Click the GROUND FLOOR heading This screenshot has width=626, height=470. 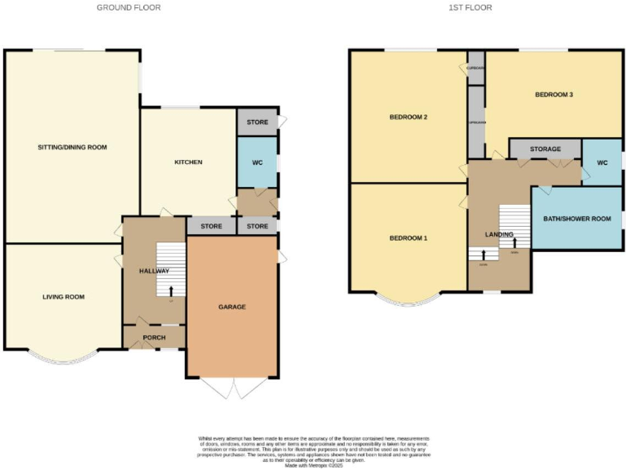click(129, 7)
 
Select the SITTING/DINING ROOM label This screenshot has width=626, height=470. click(73, 148)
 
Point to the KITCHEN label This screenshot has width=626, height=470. click(188, 162)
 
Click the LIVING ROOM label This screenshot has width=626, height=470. click(64, 297)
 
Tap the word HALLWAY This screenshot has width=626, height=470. click(153, 271)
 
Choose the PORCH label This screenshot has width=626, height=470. click(154, 337)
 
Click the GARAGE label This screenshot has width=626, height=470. click(231, 307)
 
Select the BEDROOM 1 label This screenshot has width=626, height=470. click(408, 238)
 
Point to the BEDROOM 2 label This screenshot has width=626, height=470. click(408, 117)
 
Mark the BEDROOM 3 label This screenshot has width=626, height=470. click(554, 95)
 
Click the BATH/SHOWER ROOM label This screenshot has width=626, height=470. click(577, 219)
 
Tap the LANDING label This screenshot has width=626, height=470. click(499, 235)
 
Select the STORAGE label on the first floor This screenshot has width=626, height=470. click(544, 149)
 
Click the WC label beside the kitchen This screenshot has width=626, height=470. click(258, 162)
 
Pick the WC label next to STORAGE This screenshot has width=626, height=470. click(602, 162)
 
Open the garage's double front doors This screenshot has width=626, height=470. click(231, 388)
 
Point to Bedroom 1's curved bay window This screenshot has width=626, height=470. click(408, 301)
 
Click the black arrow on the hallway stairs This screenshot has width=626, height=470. click(171, 290)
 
